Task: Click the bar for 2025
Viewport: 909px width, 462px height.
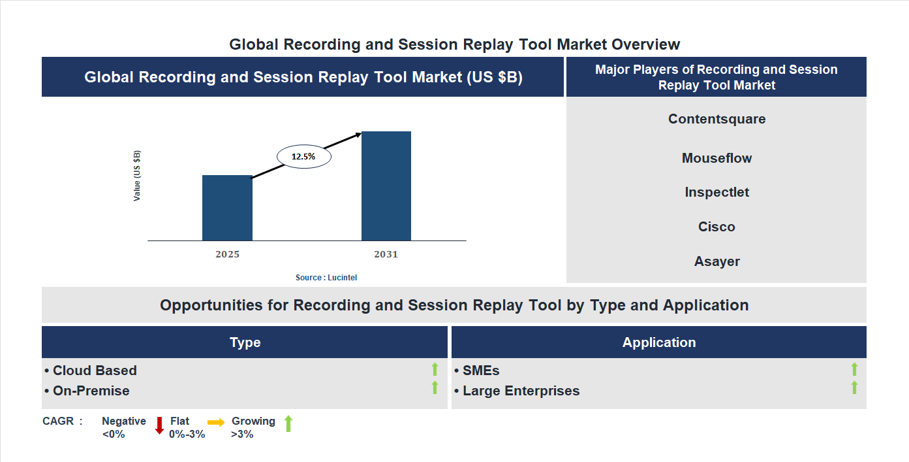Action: click(227, 208)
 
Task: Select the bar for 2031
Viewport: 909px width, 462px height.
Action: click(386, 186)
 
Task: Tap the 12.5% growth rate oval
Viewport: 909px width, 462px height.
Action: click(304, 157)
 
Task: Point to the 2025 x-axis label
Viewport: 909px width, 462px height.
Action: click(227, 254)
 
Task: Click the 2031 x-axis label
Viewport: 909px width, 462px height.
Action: click(386, 254)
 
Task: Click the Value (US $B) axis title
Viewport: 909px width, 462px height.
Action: click(137, 176)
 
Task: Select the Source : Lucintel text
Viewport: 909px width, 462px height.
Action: click(326, 278)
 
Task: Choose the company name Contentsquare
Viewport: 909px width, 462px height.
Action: click(716, 119)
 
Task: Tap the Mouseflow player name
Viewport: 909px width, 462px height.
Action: click(716, 158)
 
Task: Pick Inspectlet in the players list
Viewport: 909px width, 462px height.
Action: click(716, 192)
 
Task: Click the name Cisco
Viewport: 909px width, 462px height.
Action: click(716, 227)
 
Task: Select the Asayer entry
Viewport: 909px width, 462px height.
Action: click(716, 261)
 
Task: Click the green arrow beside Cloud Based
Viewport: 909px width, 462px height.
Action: click(435, 370)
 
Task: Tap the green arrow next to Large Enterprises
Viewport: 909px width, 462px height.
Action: click(854, 388)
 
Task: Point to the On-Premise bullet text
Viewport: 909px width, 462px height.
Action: click(91, 391)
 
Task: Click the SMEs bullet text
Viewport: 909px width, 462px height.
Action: click(481, 371)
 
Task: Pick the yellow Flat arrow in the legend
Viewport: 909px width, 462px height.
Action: click(216, 423)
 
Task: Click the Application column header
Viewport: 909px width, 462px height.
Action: click(658, 342)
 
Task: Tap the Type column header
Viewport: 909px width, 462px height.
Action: click(245, 342)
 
